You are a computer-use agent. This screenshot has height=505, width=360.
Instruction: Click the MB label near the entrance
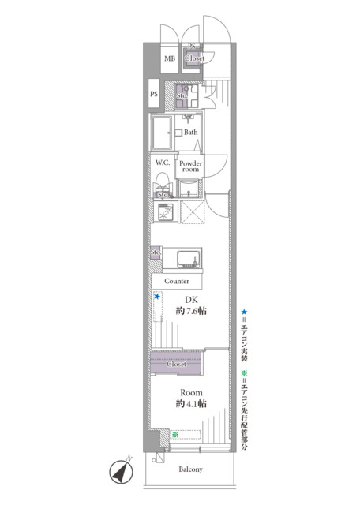170,59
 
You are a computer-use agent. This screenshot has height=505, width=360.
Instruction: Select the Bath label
191,133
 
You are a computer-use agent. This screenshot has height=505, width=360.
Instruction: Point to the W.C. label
163,163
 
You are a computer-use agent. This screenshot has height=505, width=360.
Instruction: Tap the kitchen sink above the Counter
188,260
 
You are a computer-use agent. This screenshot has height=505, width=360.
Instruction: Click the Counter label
177,281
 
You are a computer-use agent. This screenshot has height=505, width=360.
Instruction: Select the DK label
191,300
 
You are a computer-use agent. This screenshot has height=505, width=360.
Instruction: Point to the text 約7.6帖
191,312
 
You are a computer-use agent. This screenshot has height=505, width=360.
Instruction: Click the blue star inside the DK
158,297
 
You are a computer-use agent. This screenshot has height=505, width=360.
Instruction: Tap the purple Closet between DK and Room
177,365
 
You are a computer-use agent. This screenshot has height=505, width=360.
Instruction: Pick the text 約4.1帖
191,404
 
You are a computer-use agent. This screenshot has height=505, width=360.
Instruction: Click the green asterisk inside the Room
174,433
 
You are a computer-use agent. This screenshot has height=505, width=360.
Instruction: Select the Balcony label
190,469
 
